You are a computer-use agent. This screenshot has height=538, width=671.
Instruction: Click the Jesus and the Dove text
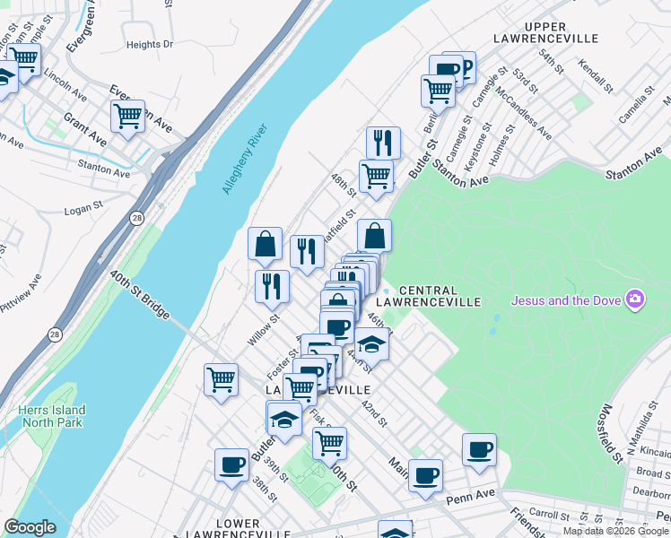(x=566, y=299)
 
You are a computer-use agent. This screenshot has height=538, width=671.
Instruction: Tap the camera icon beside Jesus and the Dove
(x=635, y=299)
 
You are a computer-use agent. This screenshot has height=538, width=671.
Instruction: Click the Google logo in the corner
(x=30, y=527)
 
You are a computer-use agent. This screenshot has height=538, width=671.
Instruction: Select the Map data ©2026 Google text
(x=615, y=531)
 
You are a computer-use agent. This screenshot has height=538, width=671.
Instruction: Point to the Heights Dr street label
(x=149, y=44)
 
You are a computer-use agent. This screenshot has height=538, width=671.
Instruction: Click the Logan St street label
(x=86, y=211)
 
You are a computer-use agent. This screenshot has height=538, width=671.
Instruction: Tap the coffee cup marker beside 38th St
(x=232, y=464)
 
